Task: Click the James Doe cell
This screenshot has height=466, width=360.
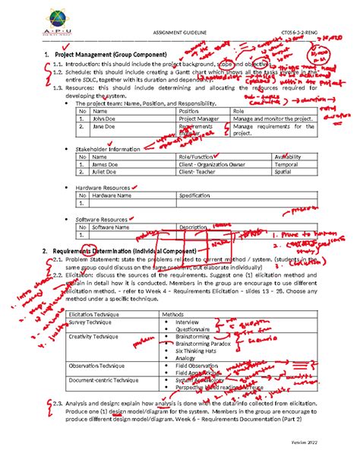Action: point(105,164)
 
